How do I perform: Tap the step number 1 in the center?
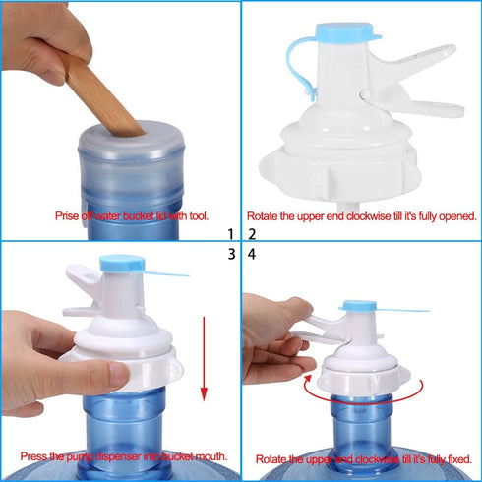(x=230, y=235)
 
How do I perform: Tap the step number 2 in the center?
(x=251, y=235)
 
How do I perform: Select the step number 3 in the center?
(x=230, y=254)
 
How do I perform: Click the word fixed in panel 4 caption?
(x=456, y=459)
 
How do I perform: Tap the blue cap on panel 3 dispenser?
(x=121, y=264)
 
